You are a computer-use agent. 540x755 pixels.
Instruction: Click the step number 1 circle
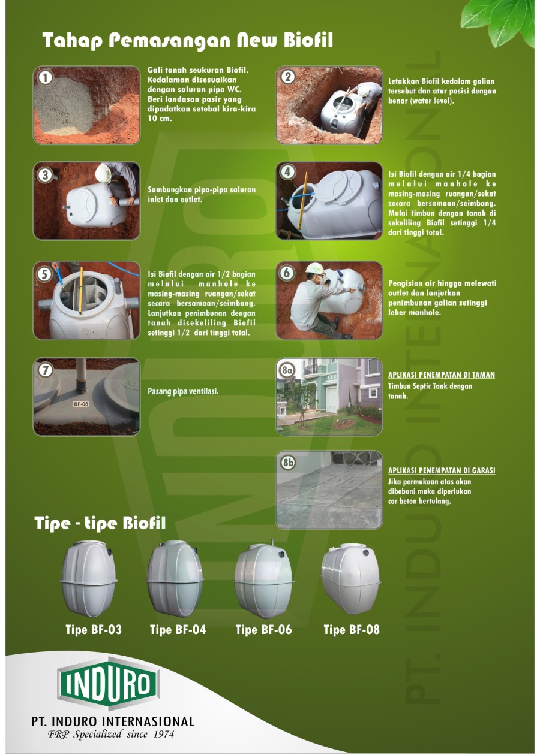[x=44, y=78]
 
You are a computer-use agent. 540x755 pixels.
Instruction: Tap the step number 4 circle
[x=288, y=173]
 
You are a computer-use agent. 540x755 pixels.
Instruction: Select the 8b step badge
[x=288, y=462]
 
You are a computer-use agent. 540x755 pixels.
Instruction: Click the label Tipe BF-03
[x=94, y=630]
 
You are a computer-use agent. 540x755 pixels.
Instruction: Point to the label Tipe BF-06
[x=263, y=630]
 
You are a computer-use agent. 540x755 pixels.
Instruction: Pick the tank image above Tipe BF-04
[x=175, y=579]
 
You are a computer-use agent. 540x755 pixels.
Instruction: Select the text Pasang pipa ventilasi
[x=183, y=391]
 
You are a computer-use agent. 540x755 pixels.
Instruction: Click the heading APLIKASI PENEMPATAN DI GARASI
[x=442, y=470]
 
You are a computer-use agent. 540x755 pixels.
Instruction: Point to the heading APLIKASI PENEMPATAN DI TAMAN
[x=442, y=375]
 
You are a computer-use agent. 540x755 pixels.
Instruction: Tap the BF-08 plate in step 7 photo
[x=81, y=404]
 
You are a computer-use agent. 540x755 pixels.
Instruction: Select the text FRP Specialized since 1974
[x=111, y=735]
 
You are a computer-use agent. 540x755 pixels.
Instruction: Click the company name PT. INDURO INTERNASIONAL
[x=113, y=721]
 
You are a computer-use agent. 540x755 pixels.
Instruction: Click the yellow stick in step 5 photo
[x=80, y=291]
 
